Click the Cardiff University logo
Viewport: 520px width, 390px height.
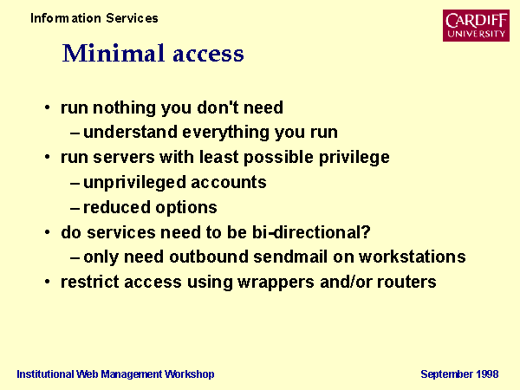click(476, 25)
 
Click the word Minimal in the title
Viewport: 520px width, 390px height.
click(114, 53)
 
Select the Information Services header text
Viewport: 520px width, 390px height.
click(94, 18)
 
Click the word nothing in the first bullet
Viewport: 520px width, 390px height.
click(124, 108)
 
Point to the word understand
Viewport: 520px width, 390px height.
click(130, 132)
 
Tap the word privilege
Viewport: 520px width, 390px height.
click(354, 158)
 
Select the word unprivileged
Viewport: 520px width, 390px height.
click(134, 183)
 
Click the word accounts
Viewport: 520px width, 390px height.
click(229, 183)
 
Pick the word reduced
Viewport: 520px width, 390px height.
click(117, 207)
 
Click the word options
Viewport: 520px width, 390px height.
click(186, 208)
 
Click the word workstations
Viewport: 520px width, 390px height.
click(413, 257)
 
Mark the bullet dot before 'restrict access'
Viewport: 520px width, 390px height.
click(48, 282)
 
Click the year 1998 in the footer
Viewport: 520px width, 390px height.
click(487, 374)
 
